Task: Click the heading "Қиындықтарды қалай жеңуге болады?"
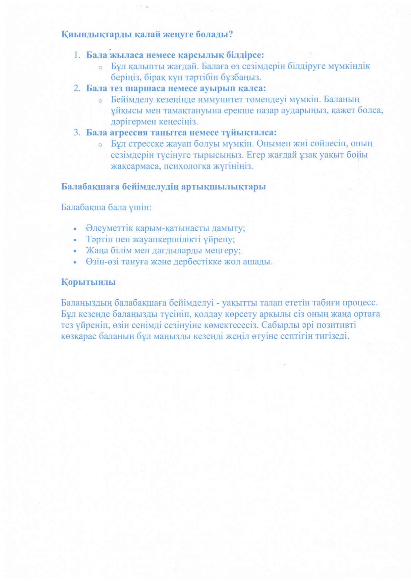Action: click(147, 34)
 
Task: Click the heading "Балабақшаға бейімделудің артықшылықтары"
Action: click(163, 187)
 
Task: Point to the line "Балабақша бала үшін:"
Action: click(106, 208)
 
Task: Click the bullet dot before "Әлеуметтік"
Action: click(76, 229)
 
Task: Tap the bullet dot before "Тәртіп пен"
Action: click(76, 240)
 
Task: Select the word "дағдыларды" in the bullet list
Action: click(173, 251)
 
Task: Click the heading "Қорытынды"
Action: click(88, 282)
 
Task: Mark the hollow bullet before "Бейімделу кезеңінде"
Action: click(100, 101)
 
